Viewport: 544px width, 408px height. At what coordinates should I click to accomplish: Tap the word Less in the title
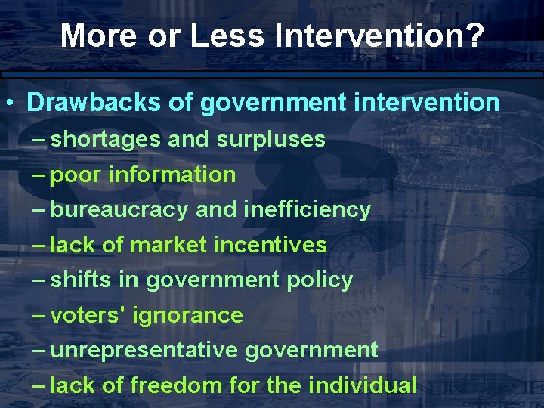click(x=226, y=36)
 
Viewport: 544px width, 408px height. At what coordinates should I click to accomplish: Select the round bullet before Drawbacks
click(x=13, y=104)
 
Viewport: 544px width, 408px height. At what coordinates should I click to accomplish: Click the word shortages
click(x=106, y=140)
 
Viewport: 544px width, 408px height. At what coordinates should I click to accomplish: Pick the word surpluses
click(x=270, y=140)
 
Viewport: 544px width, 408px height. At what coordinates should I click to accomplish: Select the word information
click(x=172, y=175)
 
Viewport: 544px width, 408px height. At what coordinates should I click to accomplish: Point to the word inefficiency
click(x=307, y=209)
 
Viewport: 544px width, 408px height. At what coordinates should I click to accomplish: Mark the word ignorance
click(x=187, y=315)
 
